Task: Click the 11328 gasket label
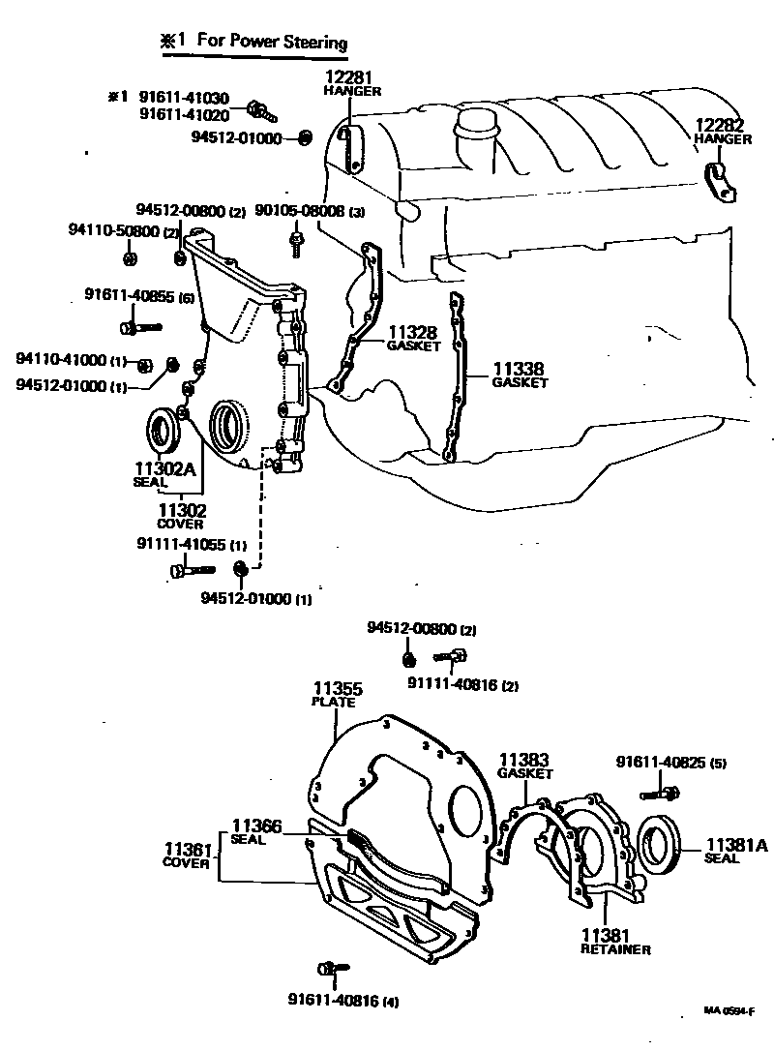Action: coord(414,333)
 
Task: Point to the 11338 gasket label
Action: coord(520,369)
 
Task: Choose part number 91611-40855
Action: coord(130,296)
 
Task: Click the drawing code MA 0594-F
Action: coord(728,1010)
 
